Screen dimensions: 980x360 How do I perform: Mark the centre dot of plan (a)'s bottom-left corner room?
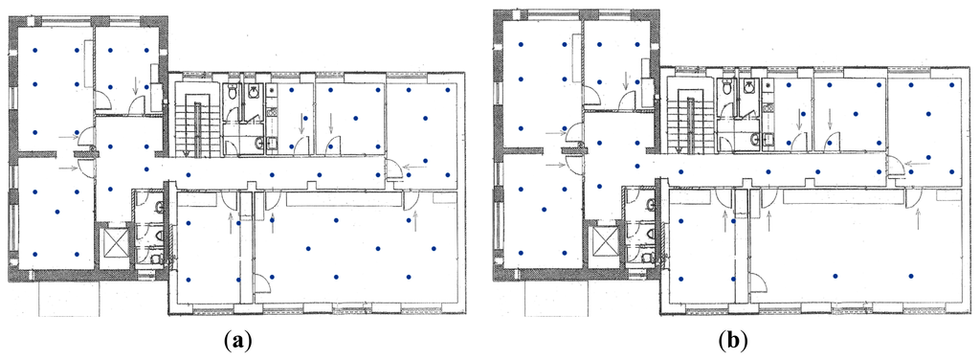pyautogui.click(x=56, y=212)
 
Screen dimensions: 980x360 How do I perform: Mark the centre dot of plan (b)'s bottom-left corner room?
pyautogui.click(x=544, y=209)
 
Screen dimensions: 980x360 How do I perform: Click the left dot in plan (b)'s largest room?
pyautogui.click(x=835, y=275)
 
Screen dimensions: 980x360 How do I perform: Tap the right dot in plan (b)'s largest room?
pyautogui.click(x=911, y=275)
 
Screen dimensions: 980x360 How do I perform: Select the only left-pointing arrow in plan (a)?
pyautogui.click(x=415, y=167)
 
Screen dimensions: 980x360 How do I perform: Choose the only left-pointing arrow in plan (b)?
pyautogui.click(x=916, y=162)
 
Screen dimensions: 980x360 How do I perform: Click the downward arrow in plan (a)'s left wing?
pyautogui.click(x=137, y=85)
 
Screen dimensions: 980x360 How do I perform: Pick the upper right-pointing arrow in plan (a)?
pyautogui.click(x=68, y=135)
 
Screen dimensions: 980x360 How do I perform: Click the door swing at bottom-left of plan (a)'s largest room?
pyautogui.click(x=265, y=281)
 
